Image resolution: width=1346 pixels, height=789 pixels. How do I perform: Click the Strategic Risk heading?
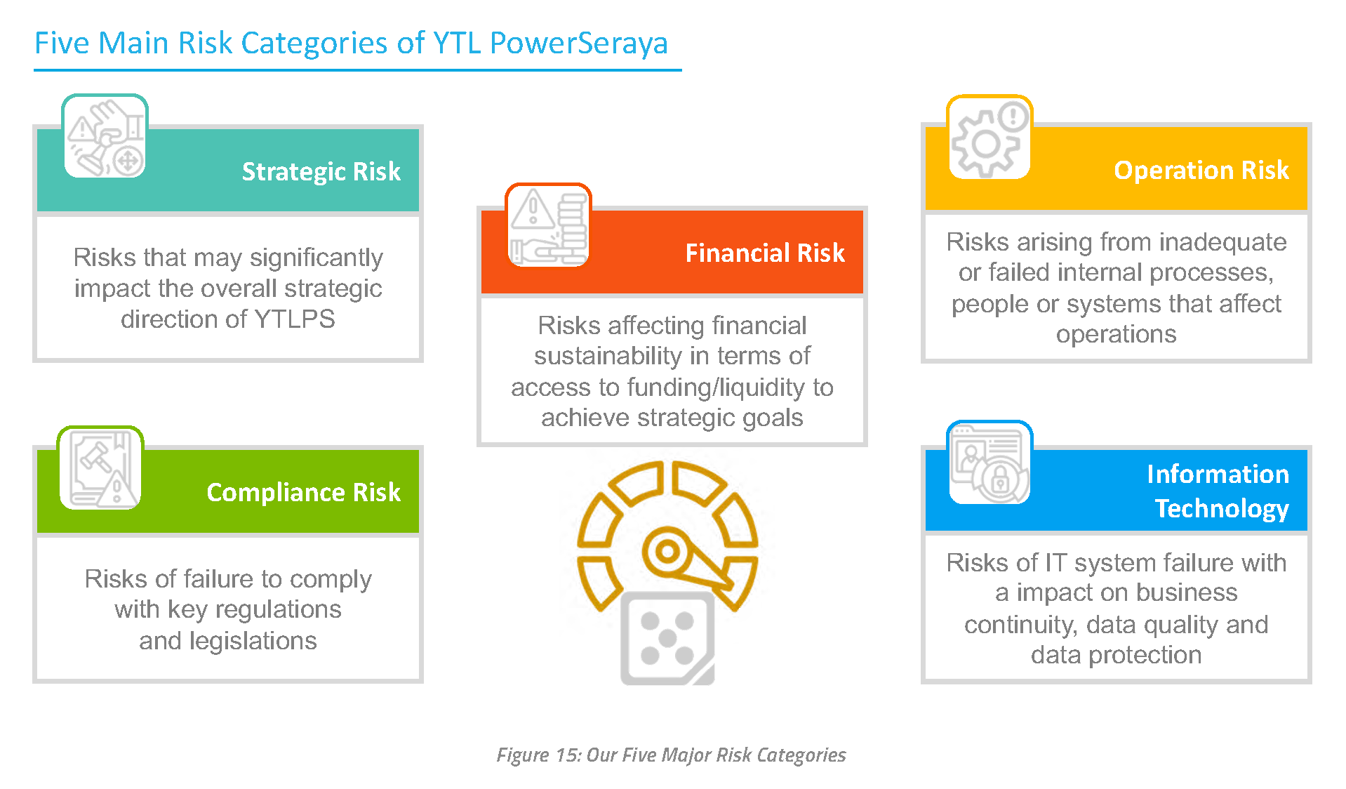tap(321, 171)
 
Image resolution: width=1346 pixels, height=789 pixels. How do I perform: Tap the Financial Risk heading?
tap(765, 253)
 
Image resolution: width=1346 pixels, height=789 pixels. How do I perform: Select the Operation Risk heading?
tap(1201, 170)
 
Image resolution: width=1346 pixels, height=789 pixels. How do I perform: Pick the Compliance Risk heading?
tap(303, 492)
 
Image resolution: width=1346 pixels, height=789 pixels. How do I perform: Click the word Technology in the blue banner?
tap(1222, 508)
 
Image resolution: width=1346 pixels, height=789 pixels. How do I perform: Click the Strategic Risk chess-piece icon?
tap(105, 136)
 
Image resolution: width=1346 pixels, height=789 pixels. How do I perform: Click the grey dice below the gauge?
tap(667, 638)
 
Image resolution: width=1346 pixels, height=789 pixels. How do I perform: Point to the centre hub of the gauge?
tap(667, 552)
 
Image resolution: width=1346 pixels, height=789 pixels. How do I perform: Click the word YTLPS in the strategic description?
tap(295, 319)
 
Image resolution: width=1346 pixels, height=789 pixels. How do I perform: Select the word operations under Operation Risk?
tap(1116, 335)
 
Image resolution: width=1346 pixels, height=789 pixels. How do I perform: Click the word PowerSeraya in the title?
tap(578, 43)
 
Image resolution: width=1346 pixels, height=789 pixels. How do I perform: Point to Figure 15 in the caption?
tap(539, 755)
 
